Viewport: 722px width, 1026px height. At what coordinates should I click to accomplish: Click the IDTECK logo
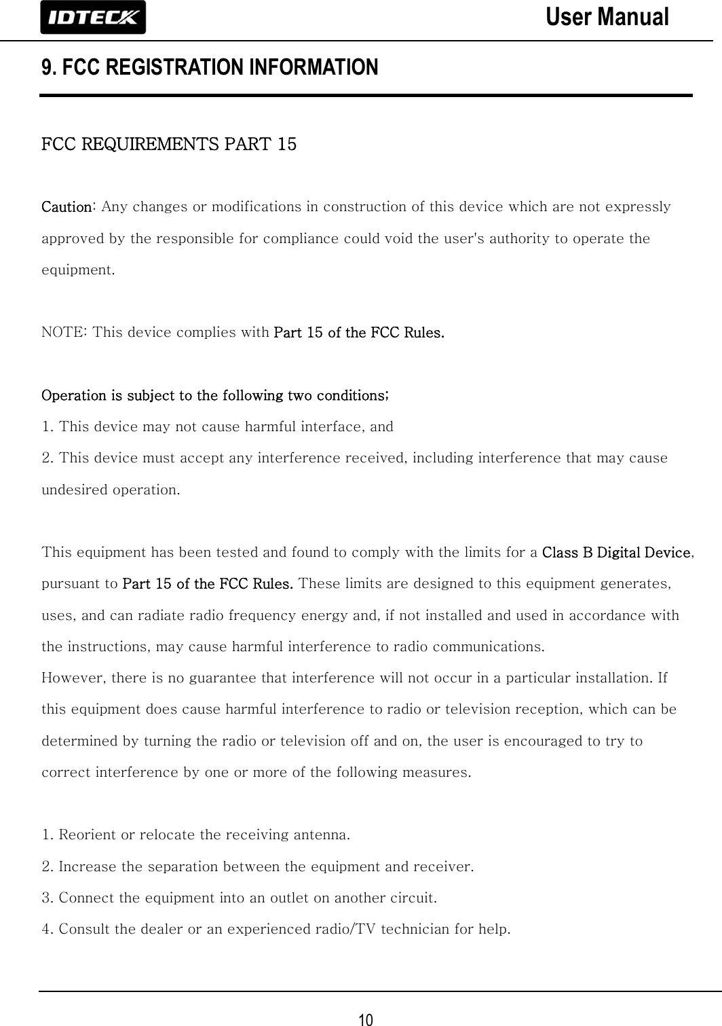click(93, 18)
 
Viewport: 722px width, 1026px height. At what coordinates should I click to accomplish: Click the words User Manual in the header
click(607, 17)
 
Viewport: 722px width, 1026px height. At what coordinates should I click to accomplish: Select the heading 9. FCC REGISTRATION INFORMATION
click(210, 68)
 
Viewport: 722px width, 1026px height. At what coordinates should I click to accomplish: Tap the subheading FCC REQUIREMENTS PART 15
click(169, 145)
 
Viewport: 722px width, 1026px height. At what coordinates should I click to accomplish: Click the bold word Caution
click(68, 206)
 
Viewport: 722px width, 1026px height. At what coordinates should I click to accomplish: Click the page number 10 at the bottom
click(366, 1019)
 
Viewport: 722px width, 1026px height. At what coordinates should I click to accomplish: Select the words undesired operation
click(111, 490)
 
